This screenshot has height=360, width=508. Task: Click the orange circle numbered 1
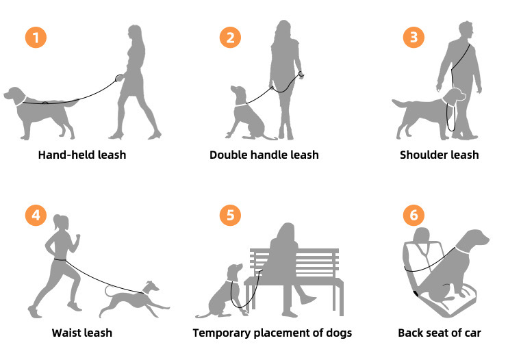coord(36,37)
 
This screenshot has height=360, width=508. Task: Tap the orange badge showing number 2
coord(230,37)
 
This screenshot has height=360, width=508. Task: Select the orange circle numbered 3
coord(414,37)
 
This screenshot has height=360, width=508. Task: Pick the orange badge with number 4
coord(36,215)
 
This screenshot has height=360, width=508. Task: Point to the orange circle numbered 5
coord(230,215)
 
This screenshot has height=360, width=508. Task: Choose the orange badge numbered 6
coord(414,215)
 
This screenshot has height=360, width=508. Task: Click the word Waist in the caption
coord(65,333)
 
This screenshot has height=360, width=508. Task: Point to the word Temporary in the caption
coord(222,333)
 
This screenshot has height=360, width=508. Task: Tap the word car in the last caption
coord(472,333)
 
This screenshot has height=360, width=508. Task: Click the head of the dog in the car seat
coord(476,239)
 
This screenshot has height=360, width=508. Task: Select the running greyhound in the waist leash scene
coord(134,300)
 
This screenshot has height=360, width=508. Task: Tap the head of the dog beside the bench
coord(236,270)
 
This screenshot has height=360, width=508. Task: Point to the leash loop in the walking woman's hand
coord(119,78)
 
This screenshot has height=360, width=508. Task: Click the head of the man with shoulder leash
coord(466,30)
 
